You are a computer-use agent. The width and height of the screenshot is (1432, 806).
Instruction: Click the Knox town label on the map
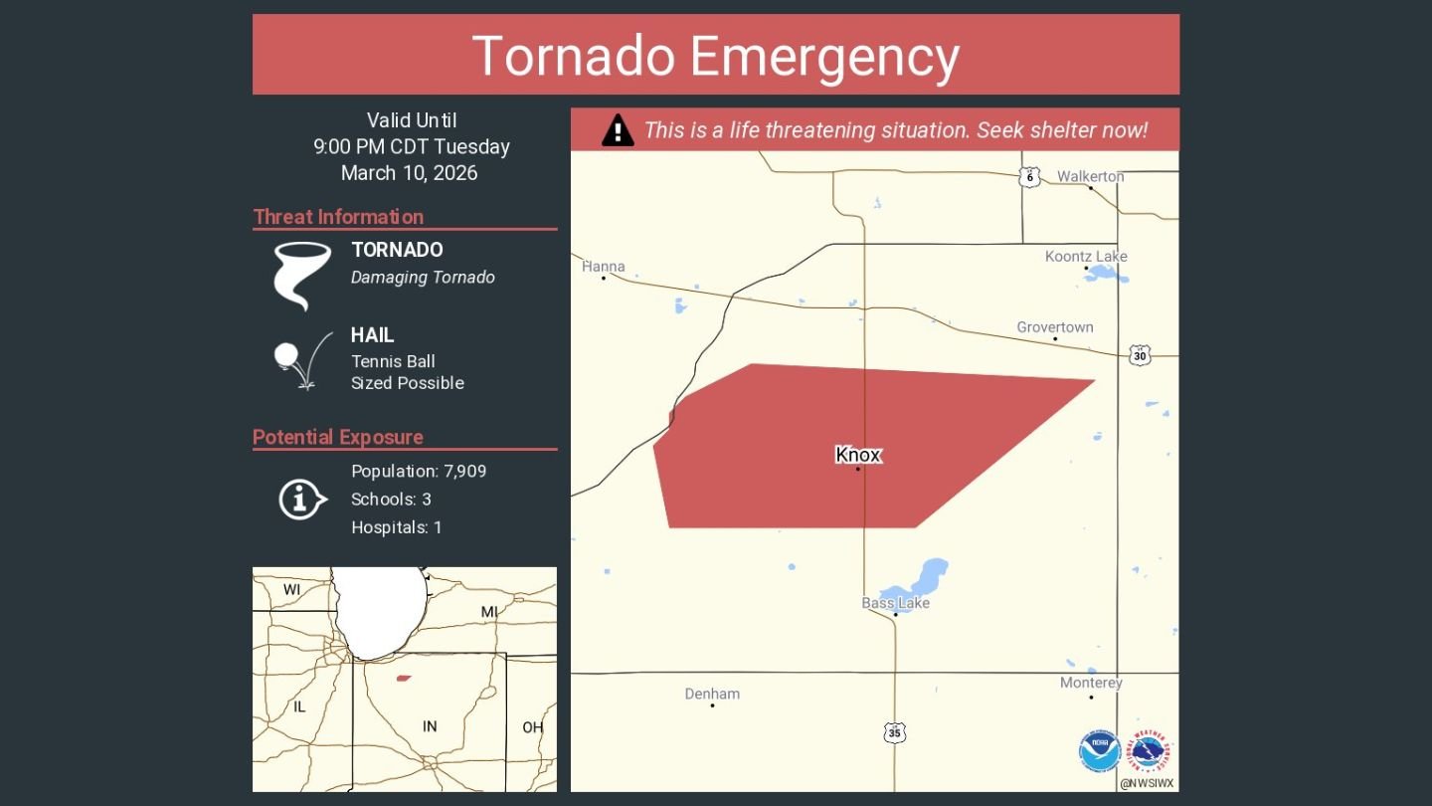coord(858,455)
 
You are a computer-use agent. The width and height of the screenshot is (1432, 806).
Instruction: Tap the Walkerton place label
coord(1090,176)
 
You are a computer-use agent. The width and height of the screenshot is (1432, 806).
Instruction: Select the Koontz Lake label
coord(1086,257)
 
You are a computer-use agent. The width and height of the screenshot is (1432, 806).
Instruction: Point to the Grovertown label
coord(1054,327)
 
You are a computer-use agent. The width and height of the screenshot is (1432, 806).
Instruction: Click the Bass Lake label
coord(895,603)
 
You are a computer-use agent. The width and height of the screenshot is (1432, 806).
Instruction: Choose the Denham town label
coord(712,694)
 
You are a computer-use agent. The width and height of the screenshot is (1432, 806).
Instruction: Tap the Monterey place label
coord(1091,683)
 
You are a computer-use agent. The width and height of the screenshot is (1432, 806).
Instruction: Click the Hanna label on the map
coord(604,266)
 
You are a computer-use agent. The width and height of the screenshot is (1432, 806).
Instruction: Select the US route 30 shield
coord(1140,355)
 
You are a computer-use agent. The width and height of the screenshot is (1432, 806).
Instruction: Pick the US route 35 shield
coord(895,733)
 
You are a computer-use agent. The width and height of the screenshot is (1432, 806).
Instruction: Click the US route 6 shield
coord(1029,177)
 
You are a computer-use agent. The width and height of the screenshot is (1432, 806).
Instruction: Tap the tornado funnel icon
coord(301,275)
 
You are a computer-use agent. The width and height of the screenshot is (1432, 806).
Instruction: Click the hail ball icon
coord(286,353)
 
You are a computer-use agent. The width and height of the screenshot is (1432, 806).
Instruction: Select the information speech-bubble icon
coord(301,499)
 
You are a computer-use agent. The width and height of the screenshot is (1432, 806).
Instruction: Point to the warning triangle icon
coord(618,130)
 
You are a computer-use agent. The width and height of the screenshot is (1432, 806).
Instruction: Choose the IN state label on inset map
coord(430,726)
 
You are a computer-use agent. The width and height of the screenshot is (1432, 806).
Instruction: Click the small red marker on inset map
coord(403,679)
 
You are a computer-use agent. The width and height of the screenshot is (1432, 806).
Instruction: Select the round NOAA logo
coord(1100,751)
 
